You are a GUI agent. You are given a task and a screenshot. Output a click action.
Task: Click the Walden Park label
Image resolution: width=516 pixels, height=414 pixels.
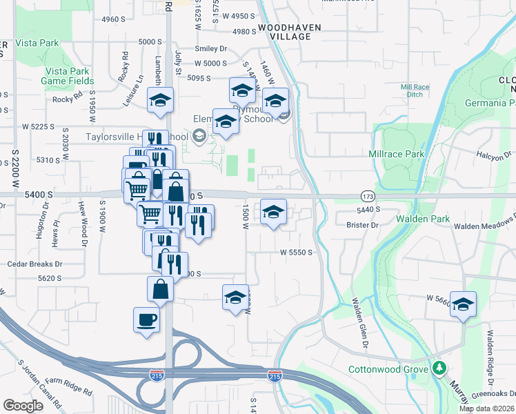pos(419,219)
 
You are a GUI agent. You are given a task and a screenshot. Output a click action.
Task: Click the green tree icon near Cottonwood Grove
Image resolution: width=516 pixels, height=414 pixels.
pos(439,367)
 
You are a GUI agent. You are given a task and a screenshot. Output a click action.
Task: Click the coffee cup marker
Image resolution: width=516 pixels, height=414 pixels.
pos(146,319)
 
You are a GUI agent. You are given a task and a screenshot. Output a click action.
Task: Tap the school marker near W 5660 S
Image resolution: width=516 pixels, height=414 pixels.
pos(463,304)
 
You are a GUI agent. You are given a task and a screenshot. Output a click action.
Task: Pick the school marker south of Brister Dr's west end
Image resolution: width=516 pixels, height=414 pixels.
pos(274,213)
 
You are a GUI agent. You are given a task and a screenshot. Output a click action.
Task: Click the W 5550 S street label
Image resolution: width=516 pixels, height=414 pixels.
pos(297,253)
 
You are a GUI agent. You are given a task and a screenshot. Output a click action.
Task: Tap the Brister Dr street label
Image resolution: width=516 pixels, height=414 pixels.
pos(365,225)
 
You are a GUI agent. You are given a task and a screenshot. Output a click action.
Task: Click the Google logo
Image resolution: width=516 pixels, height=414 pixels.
pos(23,406)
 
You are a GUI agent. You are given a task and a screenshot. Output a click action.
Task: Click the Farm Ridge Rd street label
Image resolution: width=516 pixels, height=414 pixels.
pos(69,385)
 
